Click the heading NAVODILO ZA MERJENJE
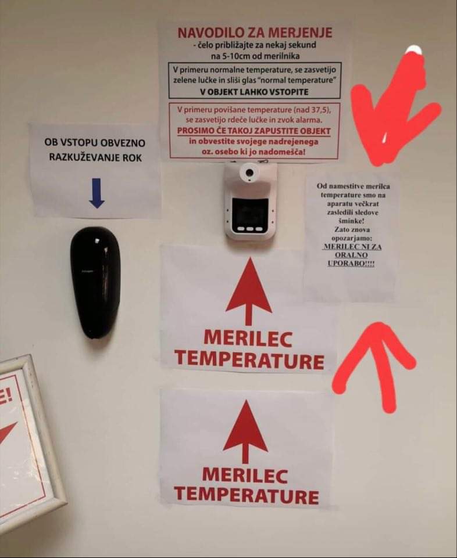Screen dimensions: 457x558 click(x=255, y=33)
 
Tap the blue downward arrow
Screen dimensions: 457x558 click(x=97, y=193)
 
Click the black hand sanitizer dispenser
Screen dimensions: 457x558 click(x=95, y=283)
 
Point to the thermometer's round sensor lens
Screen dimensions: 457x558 click(x=249, y=173)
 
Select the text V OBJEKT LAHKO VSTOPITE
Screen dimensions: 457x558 click(x=254, y=92)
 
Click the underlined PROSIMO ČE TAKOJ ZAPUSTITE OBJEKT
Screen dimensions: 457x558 click(x=254, y=131)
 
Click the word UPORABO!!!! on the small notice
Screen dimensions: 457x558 click(x=351, y=264)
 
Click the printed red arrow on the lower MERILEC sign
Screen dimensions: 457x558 click(x=245, y=431)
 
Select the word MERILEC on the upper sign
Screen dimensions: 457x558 click(x=248, y=339)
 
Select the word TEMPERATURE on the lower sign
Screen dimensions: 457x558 click(x=247, y=495)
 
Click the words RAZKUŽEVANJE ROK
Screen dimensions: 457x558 click(x=95, y=157)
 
